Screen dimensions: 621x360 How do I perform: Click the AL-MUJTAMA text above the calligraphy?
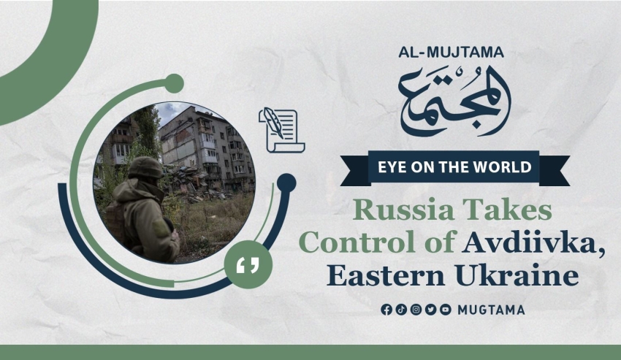pyautogui.click(x=451, y=53)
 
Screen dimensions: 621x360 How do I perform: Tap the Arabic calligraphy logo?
pyautogui.click(x=454, y=102)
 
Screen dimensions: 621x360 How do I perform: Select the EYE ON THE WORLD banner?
pyautogui.click(x=454, y=167)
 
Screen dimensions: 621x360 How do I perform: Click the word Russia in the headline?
pyautogui.click(x=403, y=210)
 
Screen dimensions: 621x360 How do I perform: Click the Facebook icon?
pyautogui.click(x=386, y=310)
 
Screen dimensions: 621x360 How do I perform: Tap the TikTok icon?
pyautogui.click(x=401, y=310)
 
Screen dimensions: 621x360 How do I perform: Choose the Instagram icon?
pyautogui.click(x=416, y=310)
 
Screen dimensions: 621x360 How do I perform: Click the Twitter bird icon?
pyautogui.click(x=431, y=310)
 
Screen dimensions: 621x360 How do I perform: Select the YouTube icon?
pyautogui.click(x=446, y=310)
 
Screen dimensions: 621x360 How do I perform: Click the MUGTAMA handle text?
pyautogui.click(x=491, y=310)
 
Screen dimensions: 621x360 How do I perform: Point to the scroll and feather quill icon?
pyautogui.click(x=281, y=130)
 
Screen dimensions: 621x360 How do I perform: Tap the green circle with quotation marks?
pyautogui.click(x=248, y=264)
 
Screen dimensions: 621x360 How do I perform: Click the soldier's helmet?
pyautogui.click(x=145, y=167)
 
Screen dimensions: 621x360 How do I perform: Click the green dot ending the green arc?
pyautogui.click(x=174, y=83)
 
